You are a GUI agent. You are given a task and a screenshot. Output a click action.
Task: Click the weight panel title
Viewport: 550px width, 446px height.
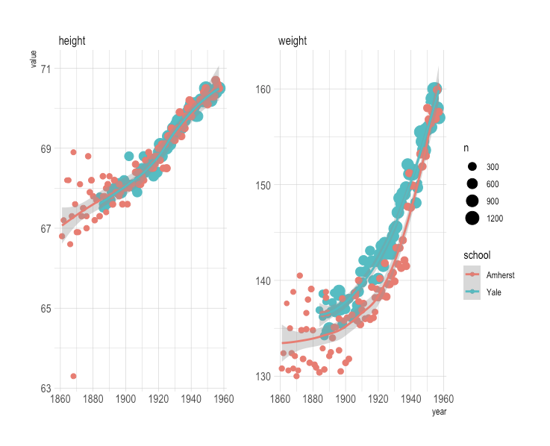coord(292,40)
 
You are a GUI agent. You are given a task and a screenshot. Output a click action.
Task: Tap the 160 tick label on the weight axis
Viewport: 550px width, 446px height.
coord(263,89)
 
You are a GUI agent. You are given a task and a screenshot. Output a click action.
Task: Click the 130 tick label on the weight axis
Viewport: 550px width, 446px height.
coord(263,376)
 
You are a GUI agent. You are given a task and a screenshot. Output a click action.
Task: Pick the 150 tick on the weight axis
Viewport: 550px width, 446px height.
coord(263,185)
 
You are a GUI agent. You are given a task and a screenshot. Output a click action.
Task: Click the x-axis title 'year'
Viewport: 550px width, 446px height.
coord(439,412)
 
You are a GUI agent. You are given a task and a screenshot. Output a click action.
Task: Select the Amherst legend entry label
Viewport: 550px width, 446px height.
coord(500,275)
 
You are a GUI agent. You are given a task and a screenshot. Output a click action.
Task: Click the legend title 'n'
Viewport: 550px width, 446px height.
coord(466,148)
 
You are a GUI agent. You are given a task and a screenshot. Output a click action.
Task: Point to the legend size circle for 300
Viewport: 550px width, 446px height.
coord(472,166)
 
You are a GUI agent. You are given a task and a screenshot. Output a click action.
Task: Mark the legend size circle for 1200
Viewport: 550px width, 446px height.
coord(472,218)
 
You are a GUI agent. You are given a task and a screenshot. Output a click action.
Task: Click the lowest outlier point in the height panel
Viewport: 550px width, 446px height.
coord(73,376)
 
